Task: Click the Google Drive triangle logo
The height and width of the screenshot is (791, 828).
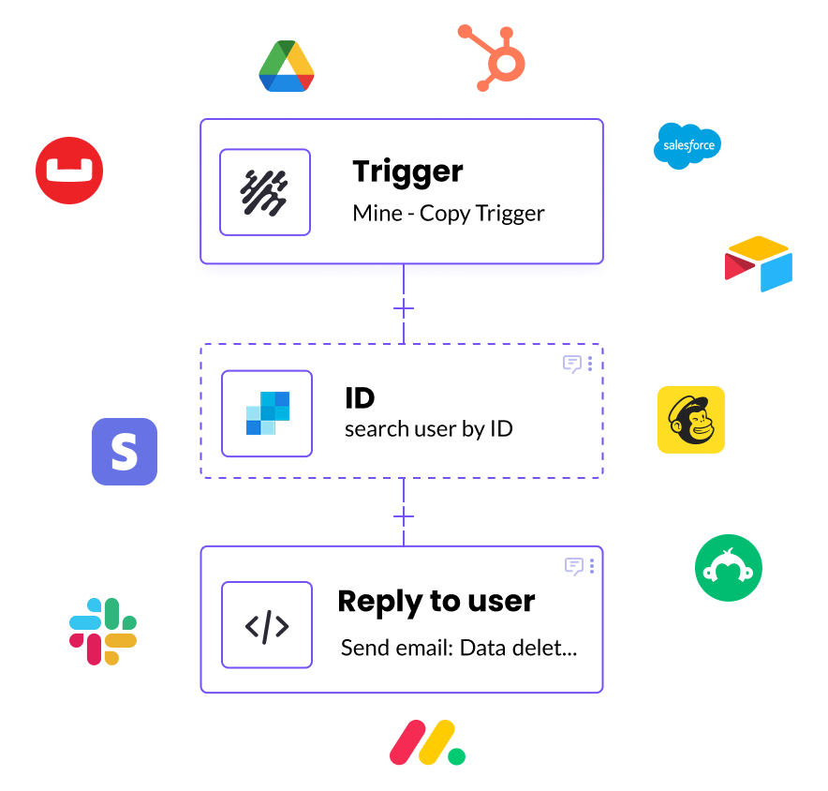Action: click(286, 67)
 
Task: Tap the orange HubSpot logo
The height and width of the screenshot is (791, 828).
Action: click(494, 56)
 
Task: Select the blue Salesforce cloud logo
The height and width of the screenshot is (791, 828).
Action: click(688, 145)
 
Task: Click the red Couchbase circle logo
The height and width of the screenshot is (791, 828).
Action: click(69, 170)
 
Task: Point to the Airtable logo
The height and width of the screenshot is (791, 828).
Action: click(759, 263)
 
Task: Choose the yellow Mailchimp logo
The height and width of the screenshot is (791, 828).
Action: click(691, 420)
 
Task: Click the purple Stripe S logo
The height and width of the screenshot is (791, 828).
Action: click(125, 452)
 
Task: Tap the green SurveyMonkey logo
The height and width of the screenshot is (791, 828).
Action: click(729, 568)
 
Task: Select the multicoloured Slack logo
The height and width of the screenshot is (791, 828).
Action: click(103, 632)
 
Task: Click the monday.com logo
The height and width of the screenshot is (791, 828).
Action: click(427, 743)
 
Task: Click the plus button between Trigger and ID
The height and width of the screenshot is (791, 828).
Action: click(404, 308)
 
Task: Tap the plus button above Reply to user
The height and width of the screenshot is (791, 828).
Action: click(404, 516)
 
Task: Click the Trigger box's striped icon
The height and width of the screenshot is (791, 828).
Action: click(265, 191)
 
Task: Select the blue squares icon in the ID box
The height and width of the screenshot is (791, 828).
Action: click(267, 413)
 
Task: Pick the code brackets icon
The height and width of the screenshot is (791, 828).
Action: click(267, 625)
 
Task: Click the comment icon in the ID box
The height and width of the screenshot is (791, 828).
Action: click(571, 364)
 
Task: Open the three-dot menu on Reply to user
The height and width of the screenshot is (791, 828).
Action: click(591, 566)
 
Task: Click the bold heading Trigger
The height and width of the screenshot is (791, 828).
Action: click(407, 172)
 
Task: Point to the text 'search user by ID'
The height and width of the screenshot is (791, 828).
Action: click(428, 429)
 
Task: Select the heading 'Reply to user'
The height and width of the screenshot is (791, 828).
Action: click(436, 601)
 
